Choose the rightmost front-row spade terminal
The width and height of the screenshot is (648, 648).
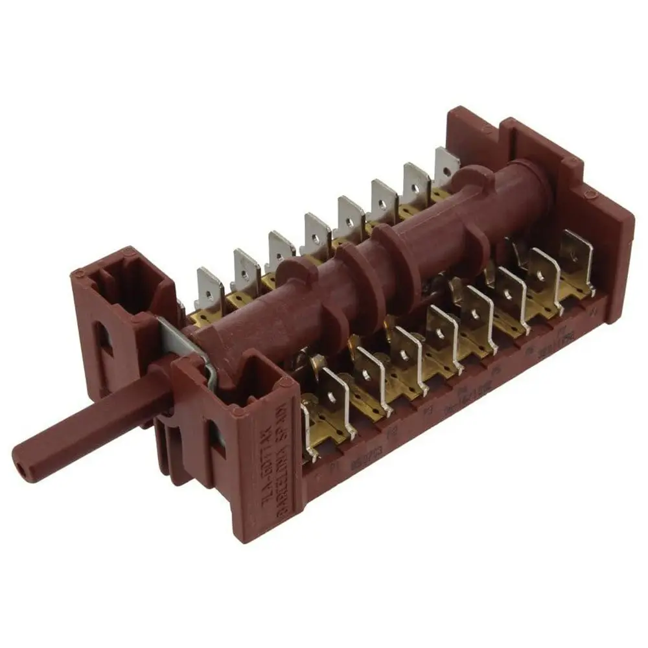click(x=576, y=259)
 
